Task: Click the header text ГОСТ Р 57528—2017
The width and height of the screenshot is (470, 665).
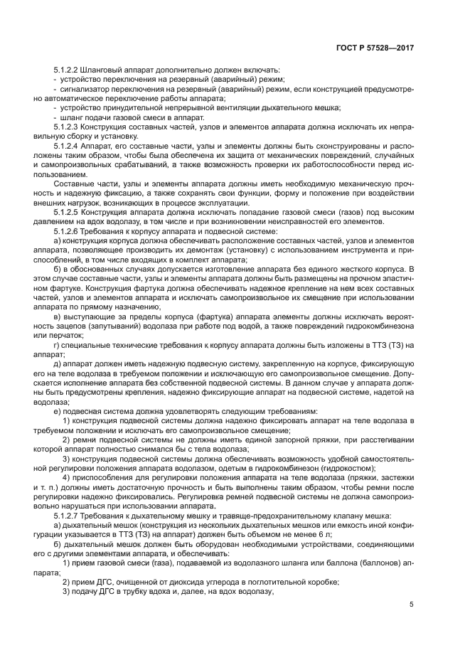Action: pos(375,48)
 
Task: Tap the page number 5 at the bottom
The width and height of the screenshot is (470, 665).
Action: pos(411,605)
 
